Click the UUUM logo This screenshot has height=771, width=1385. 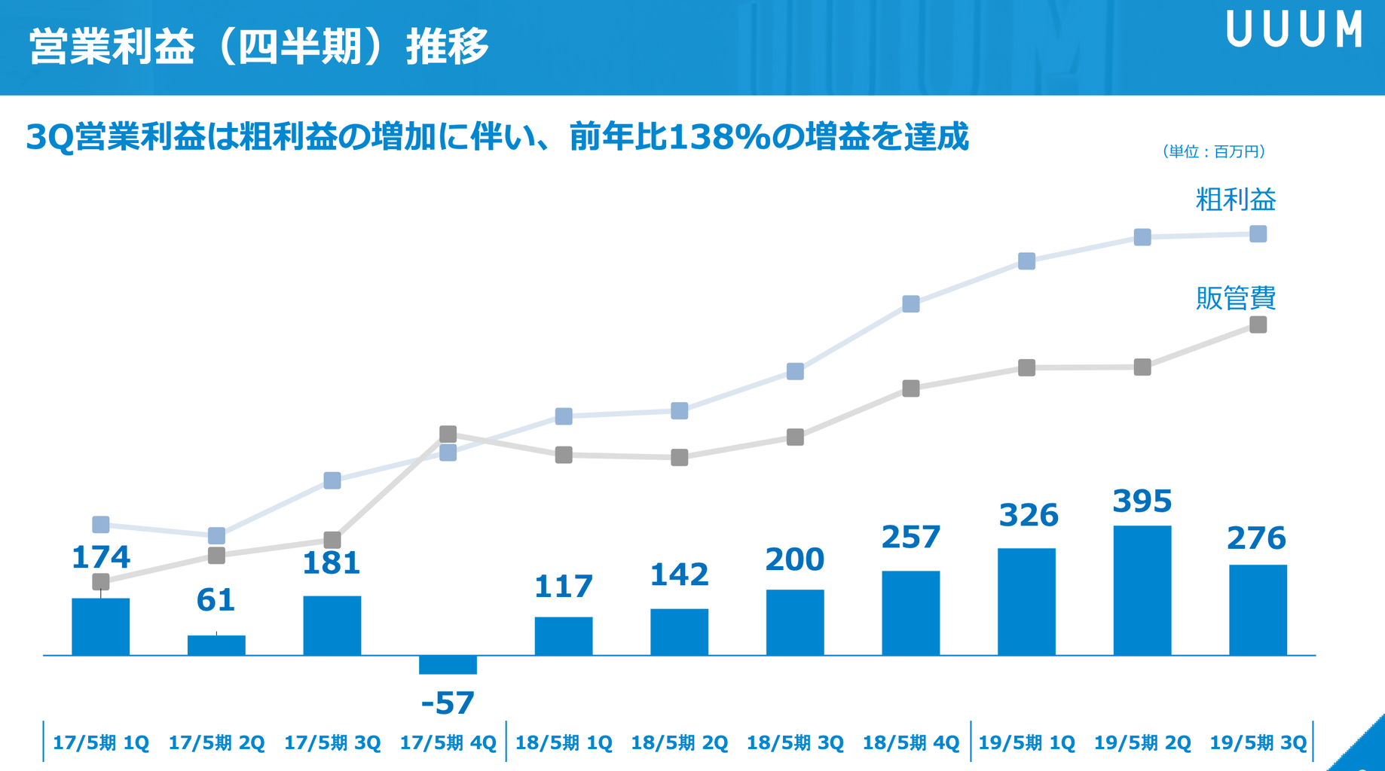pyautogui.click(x=1294, y=30)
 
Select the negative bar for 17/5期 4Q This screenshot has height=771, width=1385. pyautogui.click(x=448, y=665)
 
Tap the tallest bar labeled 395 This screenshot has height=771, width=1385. pyautogui.click(x=1142, y=590)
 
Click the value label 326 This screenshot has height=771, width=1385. pyautogui.click(x=1029, y=516)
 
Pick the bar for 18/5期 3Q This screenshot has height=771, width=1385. pyautogui.click(x=795, y=623)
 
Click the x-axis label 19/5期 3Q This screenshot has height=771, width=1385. pyautogui.click(x=1258, y=743)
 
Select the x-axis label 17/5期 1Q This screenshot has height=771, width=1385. pyautogui.click(x=101, y=743)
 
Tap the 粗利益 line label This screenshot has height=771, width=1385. pyautogui.click(x=1236, y=200)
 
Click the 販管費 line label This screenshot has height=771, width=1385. pyautogui.click(x=1236, y=298)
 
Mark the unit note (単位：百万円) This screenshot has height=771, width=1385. pyautogui.click(x=1213, y=152)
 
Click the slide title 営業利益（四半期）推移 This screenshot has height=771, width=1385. pyautogui.click(x=259, y=47)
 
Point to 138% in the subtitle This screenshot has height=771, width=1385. pyautogui.click(x=720, y=138)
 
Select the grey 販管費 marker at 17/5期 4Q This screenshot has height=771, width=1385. pyautogui.click(x=448, y=434)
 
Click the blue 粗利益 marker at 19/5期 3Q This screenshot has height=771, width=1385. pyautogui.click(x=1258, y=234)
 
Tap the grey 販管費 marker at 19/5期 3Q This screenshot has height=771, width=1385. pyautogui.click(x=1258, y=325)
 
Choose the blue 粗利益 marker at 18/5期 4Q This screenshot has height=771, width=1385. pyautogui.click(x=911, y=304)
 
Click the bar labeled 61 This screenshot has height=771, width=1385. pyautogui.click(x=216, y=645)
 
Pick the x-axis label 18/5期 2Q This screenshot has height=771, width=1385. pyautogui.click(x=679, y=743)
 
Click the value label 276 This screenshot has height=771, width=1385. pyautogui.click(x=1256, y=538)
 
